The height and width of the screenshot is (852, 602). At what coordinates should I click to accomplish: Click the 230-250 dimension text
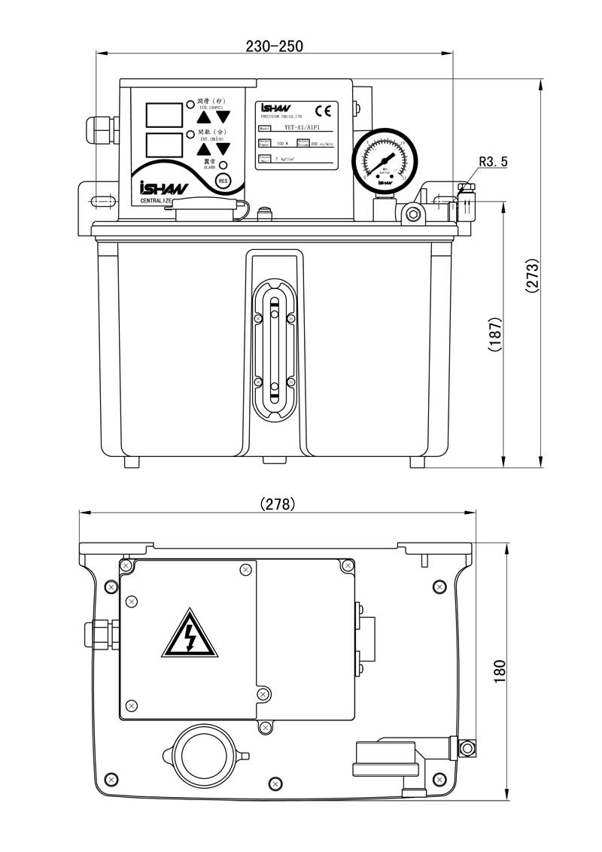274,46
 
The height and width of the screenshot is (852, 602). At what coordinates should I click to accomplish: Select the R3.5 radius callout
492,161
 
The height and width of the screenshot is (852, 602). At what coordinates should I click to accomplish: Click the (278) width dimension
277,504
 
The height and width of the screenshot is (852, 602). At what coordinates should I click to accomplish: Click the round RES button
222,181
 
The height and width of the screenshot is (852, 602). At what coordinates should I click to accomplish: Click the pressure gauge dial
385,159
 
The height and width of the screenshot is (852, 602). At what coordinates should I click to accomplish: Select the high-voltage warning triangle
190,634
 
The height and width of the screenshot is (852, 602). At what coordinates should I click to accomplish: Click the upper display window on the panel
164,114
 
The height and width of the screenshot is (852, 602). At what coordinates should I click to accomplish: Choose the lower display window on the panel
164,145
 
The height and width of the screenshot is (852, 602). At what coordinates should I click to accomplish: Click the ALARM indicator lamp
223,165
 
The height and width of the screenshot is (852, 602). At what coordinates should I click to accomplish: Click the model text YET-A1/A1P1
300,129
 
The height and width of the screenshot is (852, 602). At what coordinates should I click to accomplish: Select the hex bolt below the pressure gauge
412,215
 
